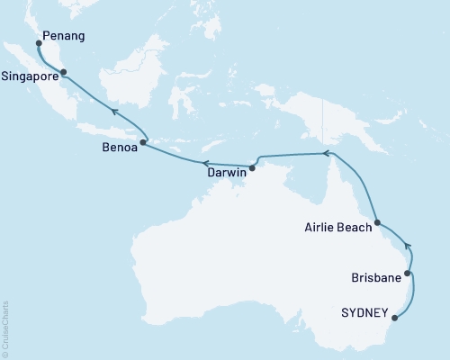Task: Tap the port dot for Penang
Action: coord(38,41)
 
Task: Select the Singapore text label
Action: coord(31,76)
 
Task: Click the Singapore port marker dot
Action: coord(66,76)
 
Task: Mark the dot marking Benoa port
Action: coord(143,141)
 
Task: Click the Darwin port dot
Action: coord(252,167)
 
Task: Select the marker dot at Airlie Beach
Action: coord(378,222)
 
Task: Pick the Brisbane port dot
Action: coord(409,273)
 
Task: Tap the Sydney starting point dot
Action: coord(397,317)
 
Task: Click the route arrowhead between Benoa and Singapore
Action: coord(113,112)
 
